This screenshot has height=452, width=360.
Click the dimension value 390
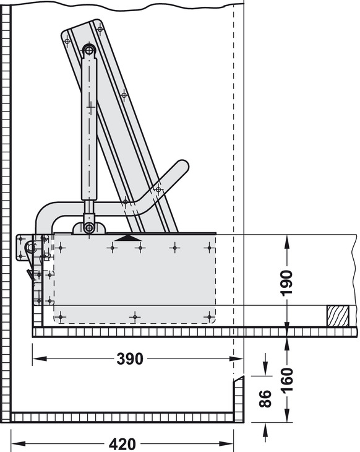tap(130, 359)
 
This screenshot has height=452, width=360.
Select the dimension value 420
tap(122, 444)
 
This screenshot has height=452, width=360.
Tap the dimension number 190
tap(287, 283)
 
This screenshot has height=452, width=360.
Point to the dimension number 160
tap(287, 381)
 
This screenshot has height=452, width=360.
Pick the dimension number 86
tap(265, 399)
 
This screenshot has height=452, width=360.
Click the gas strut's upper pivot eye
tap(89, 51)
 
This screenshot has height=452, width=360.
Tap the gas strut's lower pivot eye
tap(89, 228)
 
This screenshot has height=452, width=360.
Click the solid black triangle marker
tap(128, 238)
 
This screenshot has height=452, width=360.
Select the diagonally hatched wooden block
tap(338, 316)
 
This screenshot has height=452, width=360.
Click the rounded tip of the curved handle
tap(182, 166)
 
